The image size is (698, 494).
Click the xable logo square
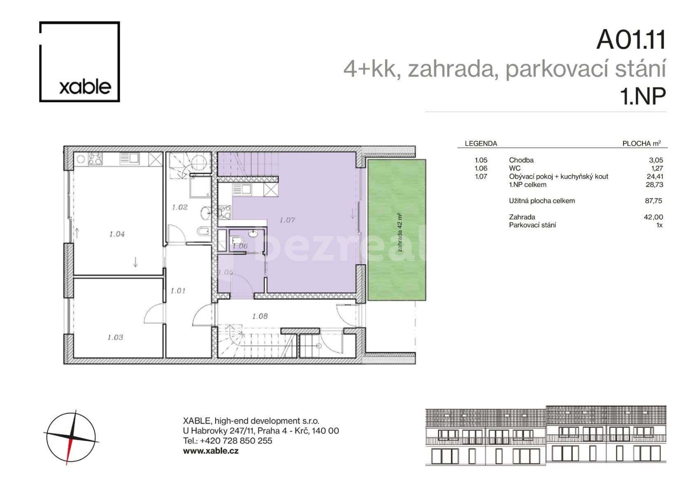point(79,62)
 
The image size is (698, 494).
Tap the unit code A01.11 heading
point(631,40)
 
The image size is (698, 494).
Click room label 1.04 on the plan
point(117,234)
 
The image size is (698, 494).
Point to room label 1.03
point(115,338)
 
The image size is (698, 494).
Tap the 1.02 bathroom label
point(180,207)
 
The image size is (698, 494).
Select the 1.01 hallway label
point(178,291)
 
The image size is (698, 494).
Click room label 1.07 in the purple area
point(287,220)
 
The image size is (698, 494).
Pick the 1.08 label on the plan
point(260,316)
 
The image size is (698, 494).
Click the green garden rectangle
point(397,230)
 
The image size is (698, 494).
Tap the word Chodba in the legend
point(521,160)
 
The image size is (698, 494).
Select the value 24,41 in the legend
point(654,177)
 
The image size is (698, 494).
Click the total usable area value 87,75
point(654,201)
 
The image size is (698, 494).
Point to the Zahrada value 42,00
point(653,217)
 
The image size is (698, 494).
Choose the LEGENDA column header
point(481,144)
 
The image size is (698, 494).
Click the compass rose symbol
point(71,437)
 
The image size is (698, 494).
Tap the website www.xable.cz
point(211,451)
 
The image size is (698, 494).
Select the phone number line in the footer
point(227,441)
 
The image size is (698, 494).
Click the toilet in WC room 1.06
point(237,241)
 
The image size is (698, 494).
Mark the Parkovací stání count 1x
point(659,225)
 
